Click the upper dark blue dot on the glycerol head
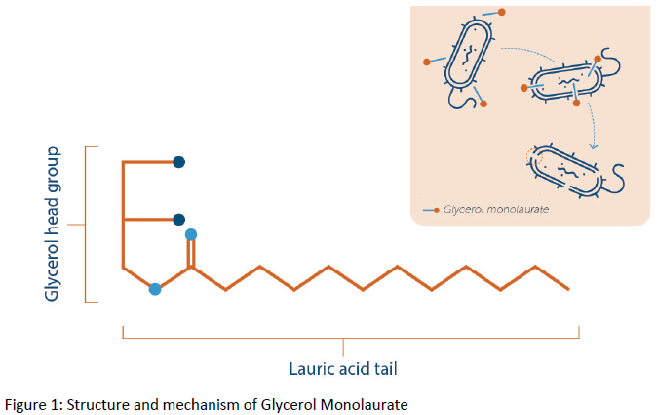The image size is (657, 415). click(x=178, y=162)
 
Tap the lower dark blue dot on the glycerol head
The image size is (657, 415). click(x=178, y=219)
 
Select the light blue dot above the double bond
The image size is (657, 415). click(x=191, y=234)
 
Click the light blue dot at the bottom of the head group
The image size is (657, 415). click(x=154, y=289)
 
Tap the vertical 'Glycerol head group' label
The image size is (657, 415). click(x=54, y=225)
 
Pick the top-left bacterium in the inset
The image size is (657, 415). click(x=468, y=58)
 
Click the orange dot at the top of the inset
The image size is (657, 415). click(x=502, y=12)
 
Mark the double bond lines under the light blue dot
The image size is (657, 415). click(x=191, y=253)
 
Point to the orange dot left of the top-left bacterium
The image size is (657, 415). click(x=427, y=62)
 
